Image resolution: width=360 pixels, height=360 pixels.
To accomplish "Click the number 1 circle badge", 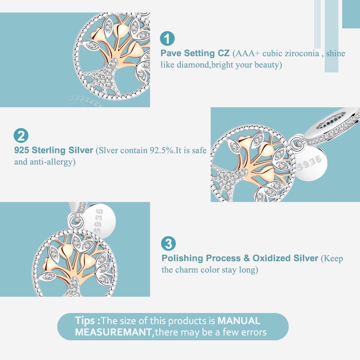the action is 167,38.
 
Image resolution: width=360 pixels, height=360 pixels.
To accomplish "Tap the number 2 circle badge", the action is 21,135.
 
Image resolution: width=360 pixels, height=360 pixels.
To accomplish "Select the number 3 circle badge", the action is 168,244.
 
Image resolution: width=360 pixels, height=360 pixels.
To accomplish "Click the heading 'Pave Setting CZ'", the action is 195,53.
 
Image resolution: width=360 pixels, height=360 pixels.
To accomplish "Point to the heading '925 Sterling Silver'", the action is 53,150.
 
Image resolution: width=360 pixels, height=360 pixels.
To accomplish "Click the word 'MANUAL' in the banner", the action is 239,321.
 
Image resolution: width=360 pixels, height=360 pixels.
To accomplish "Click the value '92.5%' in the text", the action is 162,150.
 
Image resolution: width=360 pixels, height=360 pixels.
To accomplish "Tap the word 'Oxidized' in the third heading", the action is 268,258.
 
